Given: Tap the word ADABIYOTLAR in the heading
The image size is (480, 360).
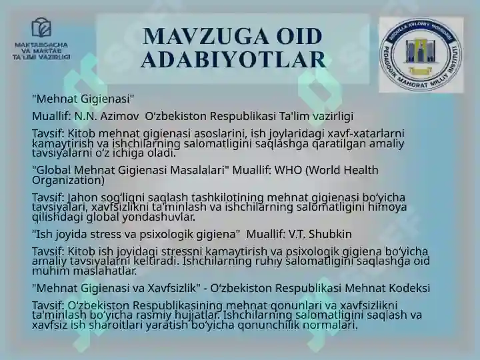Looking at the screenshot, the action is tap(233, 59).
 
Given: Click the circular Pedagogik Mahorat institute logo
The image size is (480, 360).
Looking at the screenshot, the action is tap(421, 55).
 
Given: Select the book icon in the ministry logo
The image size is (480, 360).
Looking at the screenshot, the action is tap(41, 27).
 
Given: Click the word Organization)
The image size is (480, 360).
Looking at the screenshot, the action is tap(68, 180).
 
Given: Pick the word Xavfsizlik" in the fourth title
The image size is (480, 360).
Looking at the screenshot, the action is tap(174, 288).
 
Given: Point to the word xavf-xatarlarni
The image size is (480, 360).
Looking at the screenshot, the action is tap(366, 133).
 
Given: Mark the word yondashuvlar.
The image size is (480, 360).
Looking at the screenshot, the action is tap(159, 217).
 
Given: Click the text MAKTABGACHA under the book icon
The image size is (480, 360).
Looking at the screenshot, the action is tap(41, 45).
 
